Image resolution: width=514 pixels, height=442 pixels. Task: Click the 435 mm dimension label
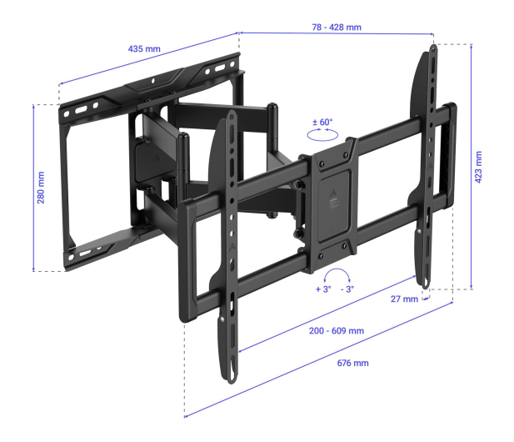(144, 49)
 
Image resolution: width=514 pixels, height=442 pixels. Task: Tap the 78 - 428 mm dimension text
(337, 28)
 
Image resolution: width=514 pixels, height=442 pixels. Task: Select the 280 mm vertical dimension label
(41, 188)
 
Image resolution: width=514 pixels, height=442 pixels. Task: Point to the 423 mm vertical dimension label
(478, 167)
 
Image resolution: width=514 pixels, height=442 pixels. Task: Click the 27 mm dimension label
(404, 299)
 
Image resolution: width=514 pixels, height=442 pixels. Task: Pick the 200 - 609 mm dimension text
(337, 330)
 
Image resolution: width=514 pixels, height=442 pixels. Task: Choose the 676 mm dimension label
(352, 363)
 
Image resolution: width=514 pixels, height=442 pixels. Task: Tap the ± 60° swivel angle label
(322, 122)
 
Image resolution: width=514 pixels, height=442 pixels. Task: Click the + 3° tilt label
(323, 289)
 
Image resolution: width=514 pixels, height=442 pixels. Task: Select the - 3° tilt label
(347, 289)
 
